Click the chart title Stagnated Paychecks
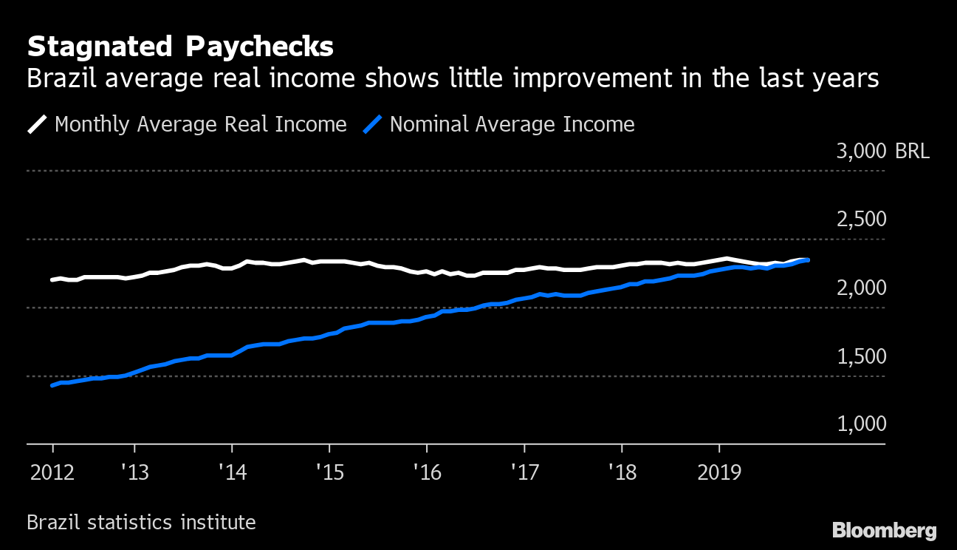(x=180, y=47)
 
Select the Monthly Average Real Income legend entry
(x=200, y=124)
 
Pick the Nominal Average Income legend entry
(x=512, y=124)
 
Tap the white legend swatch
(x=37, y=124)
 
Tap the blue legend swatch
(x=372, y=124)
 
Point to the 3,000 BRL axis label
(x=882, y=152)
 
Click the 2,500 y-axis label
(x=861, y=220)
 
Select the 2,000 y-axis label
(x=861, y=288)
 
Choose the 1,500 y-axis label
(x=861, y=356)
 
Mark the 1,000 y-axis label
(x=861, y=424)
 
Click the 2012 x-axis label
(x=52, y=472)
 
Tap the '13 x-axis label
(x=134, y=472)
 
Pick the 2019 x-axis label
(x=718, y=472)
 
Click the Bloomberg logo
(x=884, y=530)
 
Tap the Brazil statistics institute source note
(x=141, y=523)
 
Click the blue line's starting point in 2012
(x=52, y=385)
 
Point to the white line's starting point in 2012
(x=52, y=280)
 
